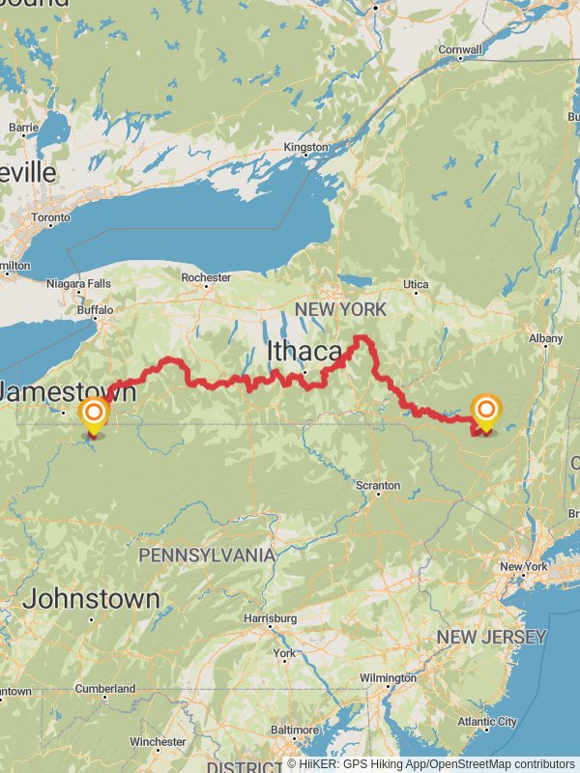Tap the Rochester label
pos(206,277)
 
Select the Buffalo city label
pos(96,311)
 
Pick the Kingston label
pos(305,148)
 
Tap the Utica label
pos(416,285)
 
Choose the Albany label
pos(545,338)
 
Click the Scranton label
pos(377,485)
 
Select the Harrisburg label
pos(270,617)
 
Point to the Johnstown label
pos(91,598)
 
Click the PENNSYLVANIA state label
pos(207,556)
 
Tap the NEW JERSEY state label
pos(491,637)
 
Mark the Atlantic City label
pos(486,722)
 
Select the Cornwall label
pos(460,50)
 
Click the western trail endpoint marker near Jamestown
pos(94,415)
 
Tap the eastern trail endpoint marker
pos(485,411)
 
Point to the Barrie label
pos(23,127)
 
